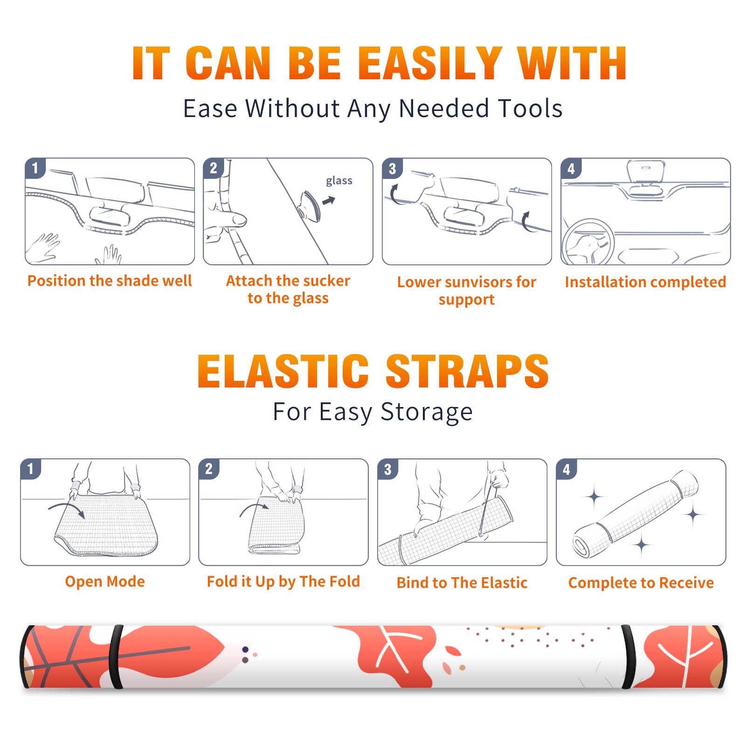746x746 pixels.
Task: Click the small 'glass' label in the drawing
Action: (x=339, y=180)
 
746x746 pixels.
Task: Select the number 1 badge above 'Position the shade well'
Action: (x=35, y=167)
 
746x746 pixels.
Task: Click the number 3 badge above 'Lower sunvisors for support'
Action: (x=392, y=168)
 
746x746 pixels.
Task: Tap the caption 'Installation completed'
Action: (x=645, y=282)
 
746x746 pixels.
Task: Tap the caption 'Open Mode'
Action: (x=105, y=581)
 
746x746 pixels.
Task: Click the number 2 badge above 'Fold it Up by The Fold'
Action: (x=209, y=469)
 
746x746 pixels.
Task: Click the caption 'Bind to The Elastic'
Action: (x=462, y=583)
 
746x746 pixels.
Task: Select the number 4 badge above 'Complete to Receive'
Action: (x=566, y=469)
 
